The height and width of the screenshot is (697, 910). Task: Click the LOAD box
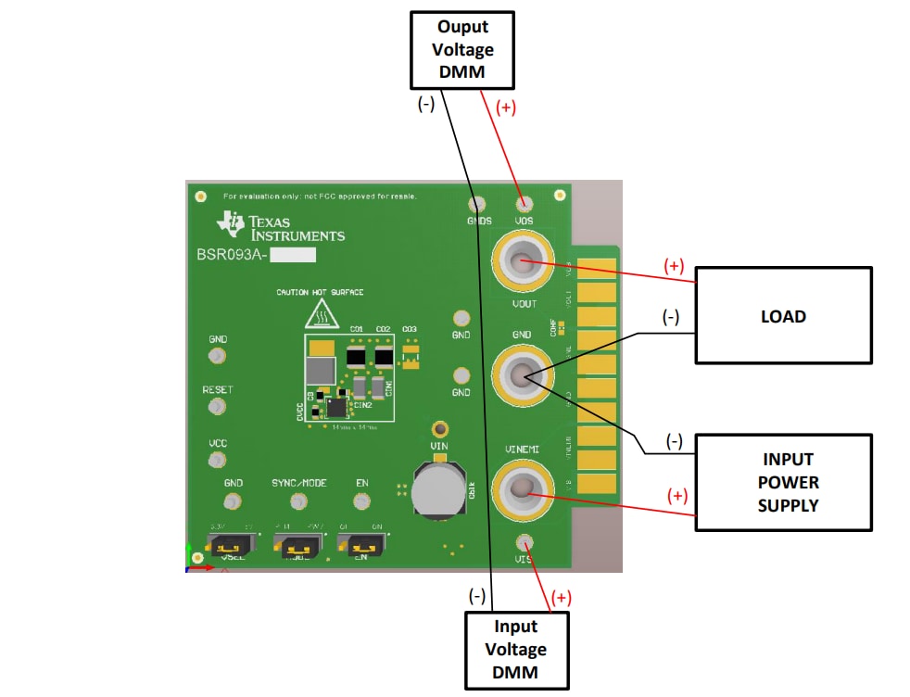pyautogui.click(x=783, y=315)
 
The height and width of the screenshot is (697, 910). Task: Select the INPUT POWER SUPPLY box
pyautogui.click(x=783, y=482)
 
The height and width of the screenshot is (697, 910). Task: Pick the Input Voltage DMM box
pyautogui.click(x=515, y=649)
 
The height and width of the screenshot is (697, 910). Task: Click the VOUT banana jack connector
pyautogui.click(x=522, y=263)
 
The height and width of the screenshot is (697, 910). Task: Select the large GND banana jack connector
pyautogui.click(x=522, y=374)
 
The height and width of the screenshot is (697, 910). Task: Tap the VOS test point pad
pyautogui.click(x=525, y=205)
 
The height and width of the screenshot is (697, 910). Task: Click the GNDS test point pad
pyautogui.click(x=477, y=205)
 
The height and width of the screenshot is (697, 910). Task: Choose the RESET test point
pyautogui.click(x=217, y=407)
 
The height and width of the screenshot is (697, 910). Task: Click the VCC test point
pyautogui.click(x=217, y=460)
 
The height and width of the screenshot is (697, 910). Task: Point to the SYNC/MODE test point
pyautogui.click(x=298, y=501)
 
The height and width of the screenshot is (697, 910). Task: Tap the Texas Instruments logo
pyautogui.click(x=281, y=227)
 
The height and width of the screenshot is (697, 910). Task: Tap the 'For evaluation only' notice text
pyautogui.click(x=320, y=196)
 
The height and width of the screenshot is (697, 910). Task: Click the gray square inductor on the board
pyautogui.click(x=321, y=372)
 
